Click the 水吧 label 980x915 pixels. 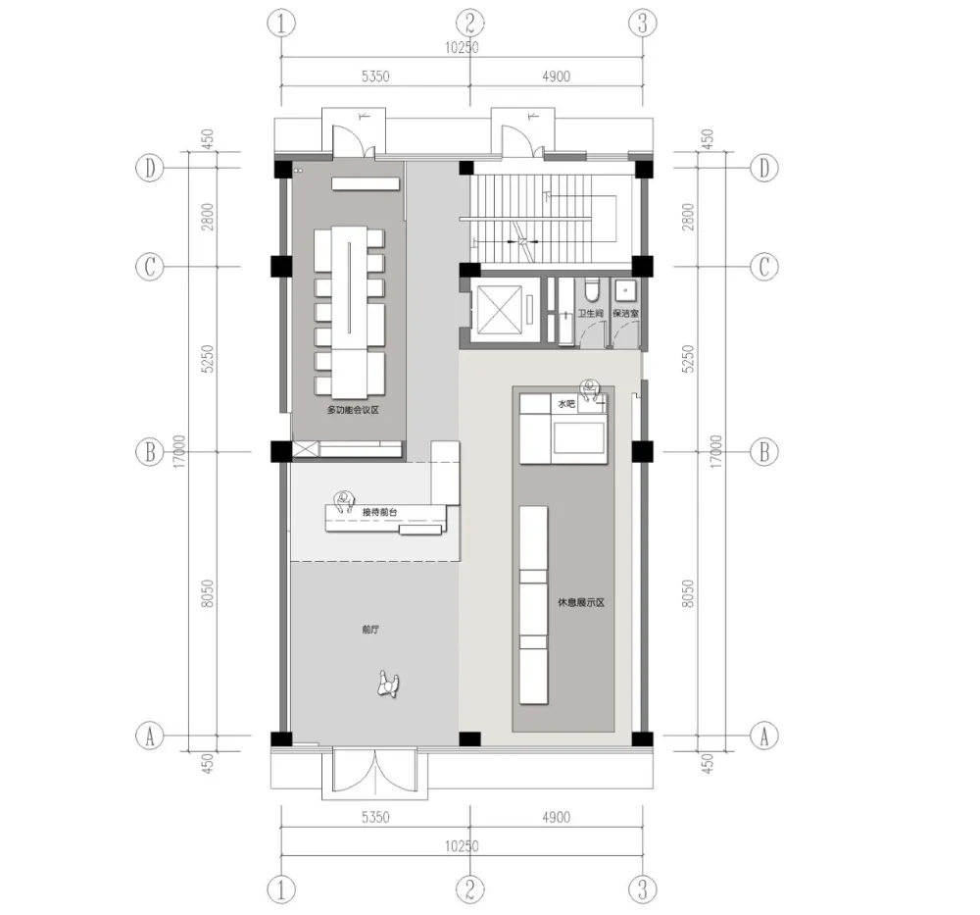point(566,403)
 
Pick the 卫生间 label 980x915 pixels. point(589,315)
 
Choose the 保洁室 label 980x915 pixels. point(625,315)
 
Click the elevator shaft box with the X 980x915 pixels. point(501,312)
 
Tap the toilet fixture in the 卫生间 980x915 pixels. point(591,290)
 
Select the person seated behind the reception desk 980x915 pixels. point(343,502)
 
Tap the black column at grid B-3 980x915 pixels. point(642,451)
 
